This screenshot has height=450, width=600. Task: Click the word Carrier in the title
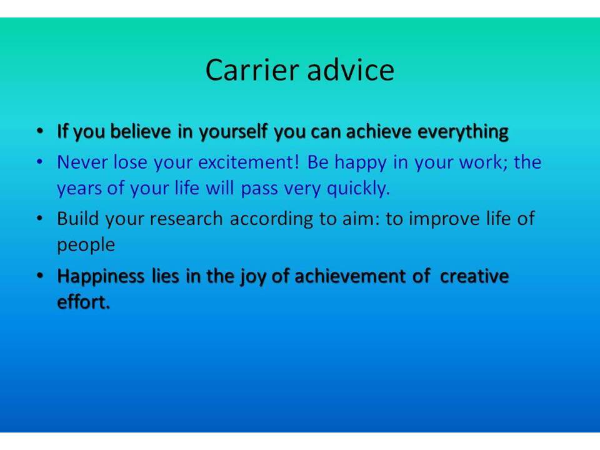point(252,70)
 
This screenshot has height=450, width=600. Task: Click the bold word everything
point(463,132)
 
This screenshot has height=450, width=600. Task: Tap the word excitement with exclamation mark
point(249,162)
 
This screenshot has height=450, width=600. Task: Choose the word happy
point(361,163)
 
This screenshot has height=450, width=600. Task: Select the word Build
point(78,219)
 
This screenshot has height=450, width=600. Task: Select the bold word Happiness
point(101,277)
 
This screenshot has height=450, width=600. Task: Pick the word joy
point(252,277)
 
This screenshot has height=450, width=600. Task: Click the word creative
point(474,276)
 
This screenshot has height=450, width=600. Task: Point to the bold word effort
point(83,302)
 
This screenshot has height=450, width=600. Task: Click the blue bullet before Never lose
point(40,162)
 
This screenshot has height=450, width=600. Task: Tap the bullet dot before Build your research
point(40,219)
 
